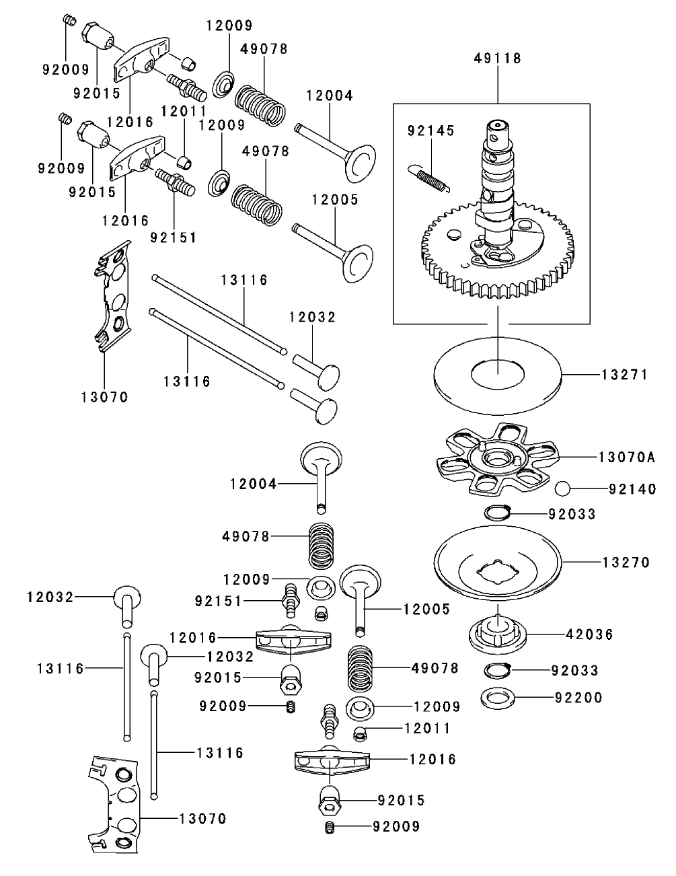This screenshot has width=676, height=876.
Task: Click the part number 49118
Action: [x=498, y=59]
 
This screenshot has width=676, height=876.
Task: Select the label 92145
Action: [x=430, y=131]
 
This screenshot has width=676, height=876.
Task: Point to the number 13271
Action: [x=625, y=375]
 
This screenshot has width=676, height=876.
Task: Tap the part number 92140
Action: [x=632, y=490]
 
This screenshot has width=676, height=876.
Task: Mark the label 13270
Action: [x=626, y=562]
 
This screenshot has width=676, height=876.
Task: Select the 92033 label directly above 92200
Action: [x=574, y=671]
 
